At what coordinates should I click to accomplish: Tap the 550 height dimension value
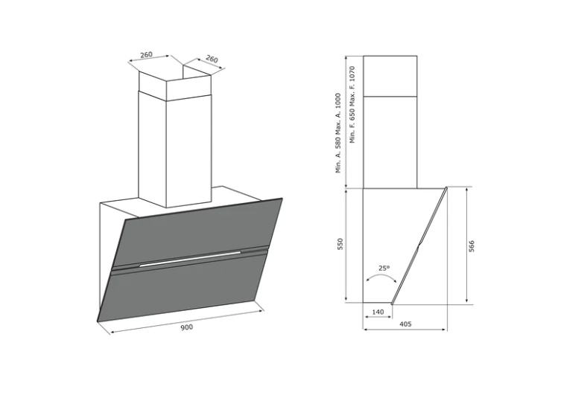pyautogui.click(x=340, y=244)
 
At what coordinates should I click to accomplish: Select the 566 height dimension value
pyautogui.click(x=472, y=245)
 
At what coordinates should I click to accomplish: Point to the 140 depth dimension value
pyautogui.click(x=378, y=312)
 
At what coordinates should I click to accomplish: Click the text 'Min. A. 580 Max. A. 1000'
pyautogui.click(x=338, y=133)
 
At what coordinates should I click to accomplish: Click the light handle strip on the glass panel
pyautogui.click(x=190, y=259)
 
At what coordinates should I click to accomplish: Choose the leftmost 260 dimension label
pyautogui.click(x=146, y=54)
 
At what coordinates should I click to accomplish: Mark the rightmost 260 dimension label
pyautogui.click(x=212, y=59)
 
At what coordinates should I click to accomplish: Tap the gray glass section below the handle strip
pyautogui.click(x=183, y=290)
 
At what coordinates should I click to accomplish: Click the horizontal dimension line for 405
pyautogui.click(x=405, y=330)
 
